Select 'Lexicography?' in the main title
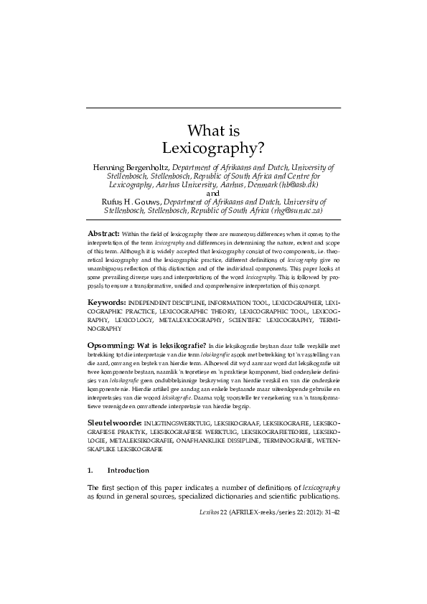(213, 148)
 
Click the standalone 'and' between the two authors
(213, 193)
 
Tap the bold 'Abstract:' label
(103, 235)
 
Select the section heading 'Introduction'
(128, 471)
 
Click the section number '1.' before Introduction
(90, 471)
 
